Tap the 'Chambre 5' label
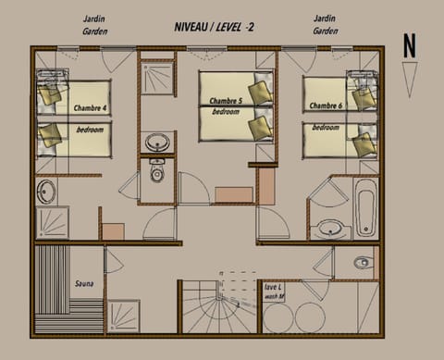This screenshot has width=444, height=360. point(225,100)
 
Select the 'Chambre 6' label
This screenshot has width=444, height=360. point(327,106)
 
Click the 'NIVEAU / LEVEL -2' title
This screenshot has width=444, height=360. point(216,28)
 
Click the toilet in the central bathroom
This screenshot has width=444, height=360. point(156,172)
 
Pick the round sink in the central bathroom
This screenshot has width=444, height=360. point(156,143)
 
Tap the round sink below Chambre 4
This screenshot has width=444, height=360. point(46,192)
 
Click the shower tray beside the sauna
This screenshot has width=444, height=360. point(124,316)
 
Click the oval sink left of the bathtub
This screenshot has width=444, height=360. point(328,229)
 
